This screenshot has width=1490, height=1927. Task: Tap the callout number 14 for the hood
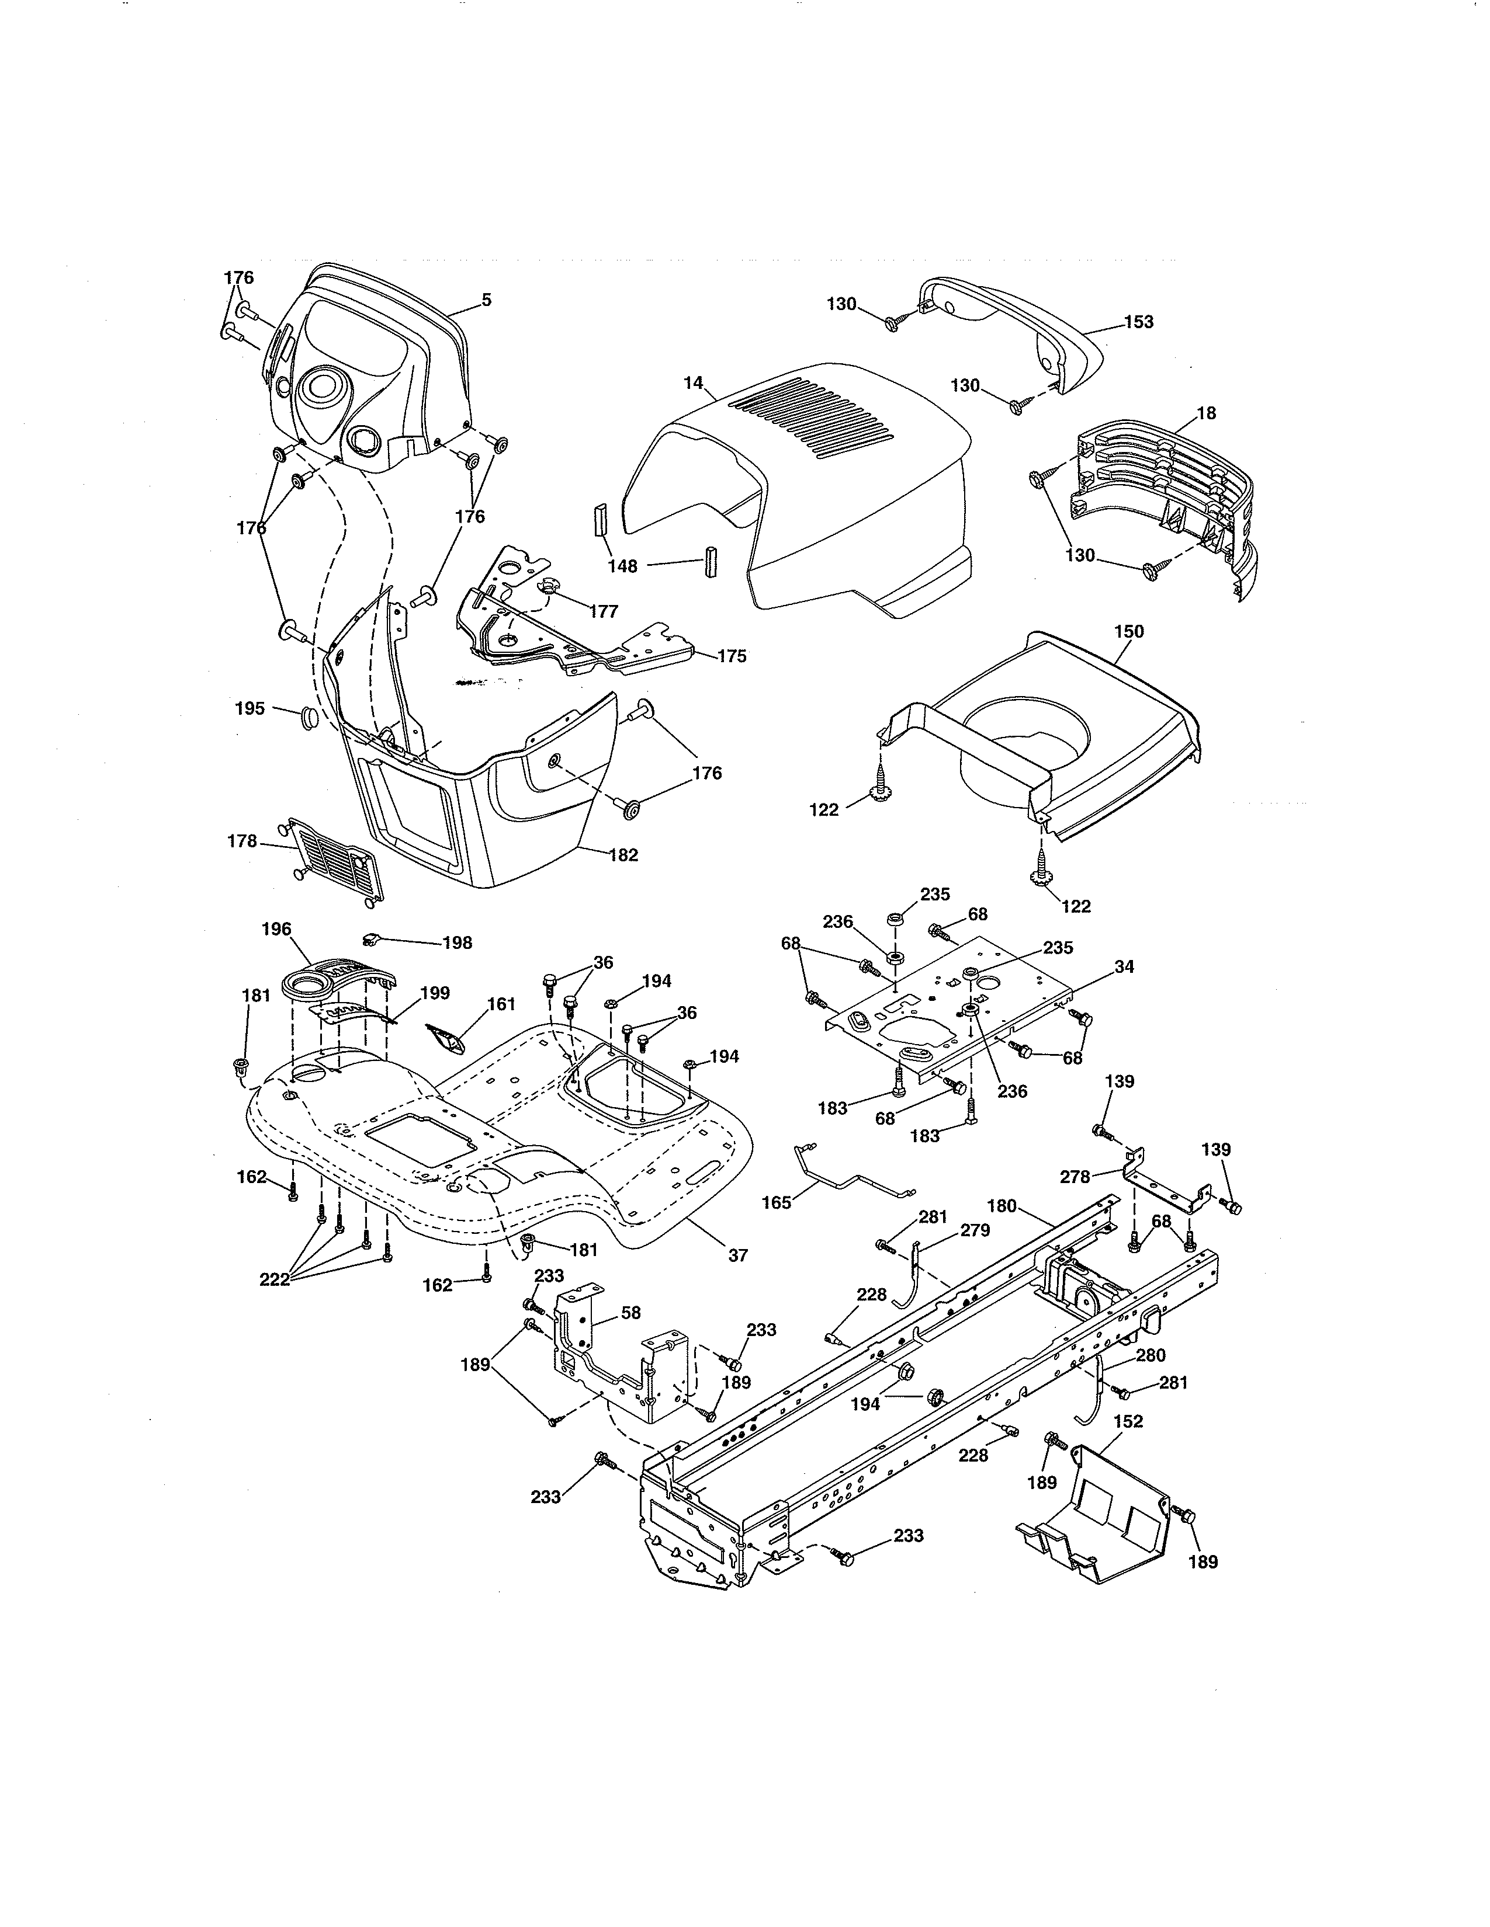coord(693,383)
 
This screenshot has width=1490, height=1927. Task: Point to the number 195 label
coord(250,708)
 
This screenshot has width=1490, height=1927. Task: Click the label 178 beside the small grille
coord(242,841)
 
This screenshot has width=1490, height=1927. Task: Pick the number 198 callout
coord(458,943)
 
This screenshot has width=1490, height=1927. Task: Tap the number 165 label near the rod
coord(777,1202)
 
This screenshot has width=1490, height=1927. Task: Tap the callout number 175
coord(731,656)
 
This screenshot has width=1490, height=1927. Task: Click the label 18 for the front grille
coord(1206,413)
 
